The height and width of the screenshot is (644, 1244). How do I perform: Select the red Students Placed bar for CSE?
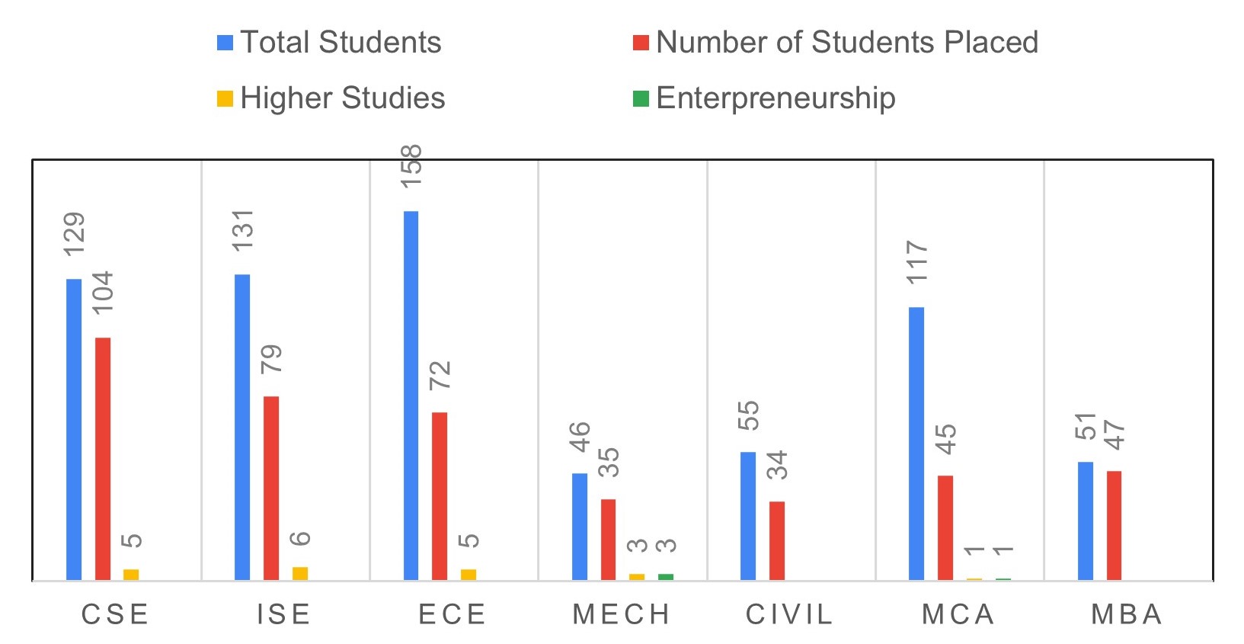(x=103, y=458)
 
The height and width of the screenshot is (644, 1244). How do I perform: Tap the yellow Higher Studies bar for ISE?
(x=300, y=573)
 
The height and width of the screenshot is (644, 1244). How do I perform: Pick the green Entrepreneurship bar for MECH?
(x=666, y=577)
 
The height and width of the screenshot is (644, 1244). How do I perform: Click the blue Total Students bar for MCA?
(x=916, y=443)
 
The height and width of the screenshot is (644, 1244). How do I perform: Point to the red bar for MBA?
(x=1114, y=525)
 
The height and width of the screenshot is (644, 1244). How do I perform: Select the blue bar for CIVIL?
(x=748, y=515)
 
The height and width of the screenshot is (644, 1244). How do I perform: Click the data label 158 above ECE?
(x=411, y=166)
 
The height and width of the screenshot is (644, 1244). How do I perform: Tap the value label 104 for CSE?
(x=103, y=292)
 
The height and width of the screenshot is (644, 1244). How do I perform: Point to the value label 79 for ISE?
(x=271, y=358)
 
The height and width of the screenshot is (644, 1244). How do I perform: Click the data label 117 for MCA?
(x=917, y=262)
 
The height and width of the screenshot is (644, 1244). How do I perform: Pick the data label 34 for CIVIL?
(x=777, y=464)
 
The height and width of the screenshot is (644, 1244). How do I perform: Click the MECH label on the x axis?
(x=621, y=614)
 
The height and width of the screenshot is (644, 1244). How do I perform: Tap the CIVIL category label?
(x=789, y=614)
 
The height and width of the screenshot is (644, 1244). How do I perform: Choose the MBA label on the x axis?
(x=1127, y=614)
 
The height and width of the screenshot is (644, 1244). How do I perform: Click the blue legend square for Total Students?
(x=225, y=43)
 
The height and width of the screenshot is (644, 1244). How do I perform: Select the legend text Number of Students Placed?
(x=846, y=43)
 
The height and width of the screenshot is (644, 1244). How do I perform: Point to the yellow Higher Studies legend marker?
(x=225, y=98)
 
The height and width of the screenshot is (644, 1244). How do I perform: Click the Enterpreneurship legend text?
(x=775, y=98)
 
